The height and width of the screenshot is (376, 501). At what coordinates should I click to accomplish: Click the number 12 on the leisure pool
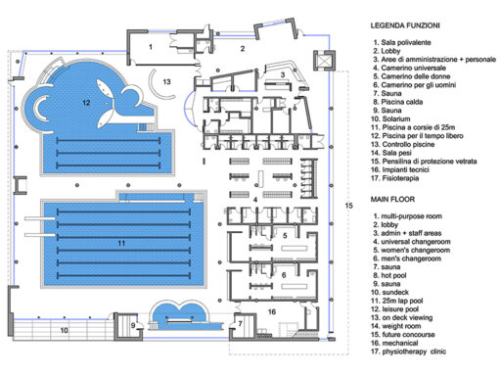click(x=86, y=103)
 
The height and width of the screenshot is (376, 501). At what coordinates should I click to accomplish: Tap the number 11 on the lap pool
click(x=121, y=243)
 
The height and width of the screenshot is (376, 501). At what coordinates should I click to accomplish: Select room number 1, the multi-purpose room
click(x=151, y=47)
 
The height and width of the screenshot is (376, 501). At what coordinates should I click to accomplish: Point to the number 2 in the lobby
click(x=243, y=49)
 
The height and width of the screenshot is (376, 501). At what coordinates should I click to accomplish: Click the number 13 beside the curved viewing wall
click(x=166, y=81)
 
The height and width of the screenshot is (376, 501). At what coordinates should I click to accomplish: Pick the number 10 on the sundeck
click(x=65, y=330)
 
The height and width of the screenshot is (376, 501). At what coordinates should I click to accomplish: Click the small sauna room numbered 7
click(x=243, y=325)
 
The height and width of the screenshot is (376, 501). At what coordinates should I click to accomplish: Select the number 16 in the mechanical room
click(x=272, y=312)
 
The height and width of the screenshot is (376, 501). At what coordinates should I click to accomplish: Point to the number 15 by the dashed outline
click(x=349, y=206)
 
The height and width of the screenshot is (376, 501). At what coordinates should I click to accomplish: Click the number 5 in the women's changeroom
click(x=285, y=236)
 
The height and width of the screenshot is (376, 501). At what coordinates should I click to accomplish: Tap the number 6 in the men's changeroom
click(x=284, y=275)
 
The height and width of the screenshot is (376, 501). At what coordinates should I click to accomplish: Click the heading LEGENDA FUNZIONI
click(x=405, y=25)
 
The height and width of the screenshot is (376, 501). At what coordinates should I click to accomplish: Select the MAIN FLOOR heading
click(x=392, y=199)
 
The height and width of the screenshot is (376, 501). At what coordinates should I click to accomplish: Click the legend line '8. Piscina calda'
click(x=398, y=102)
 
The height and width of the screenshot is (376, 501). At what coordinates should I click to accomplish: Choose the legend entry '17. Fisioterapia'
click(x=394, y=178)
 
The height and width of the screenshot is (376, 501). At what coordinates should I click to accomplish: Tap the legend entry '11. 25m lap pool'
click(x=397, y=301)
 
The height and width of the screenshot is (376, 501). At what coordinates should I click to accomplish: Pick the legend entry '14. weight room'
click(x=395, y=326)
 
